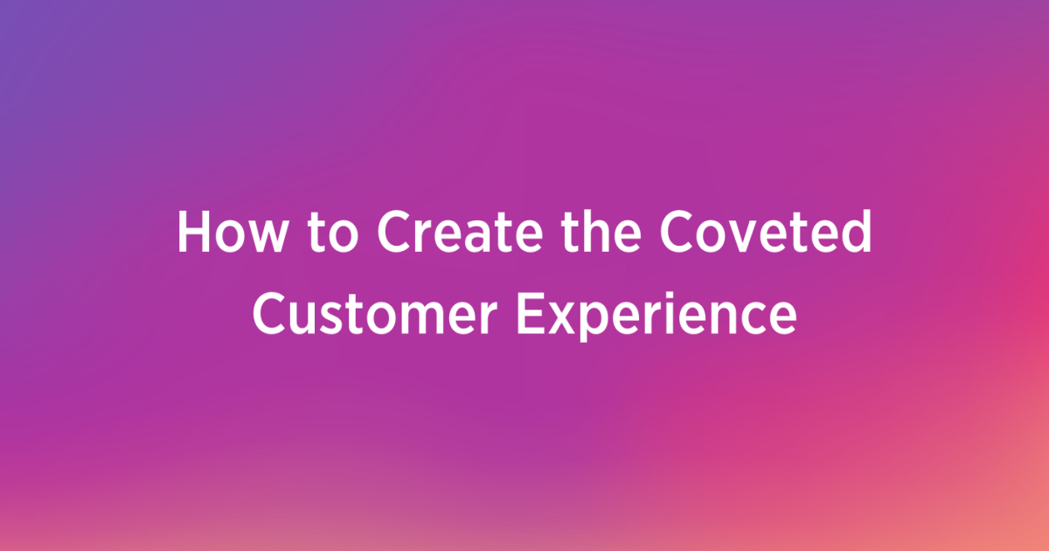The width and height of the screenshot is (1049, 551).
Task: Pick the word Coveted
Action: (766, 232)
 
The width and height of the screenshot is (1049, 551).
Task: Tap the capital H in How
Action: (194, 232)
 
